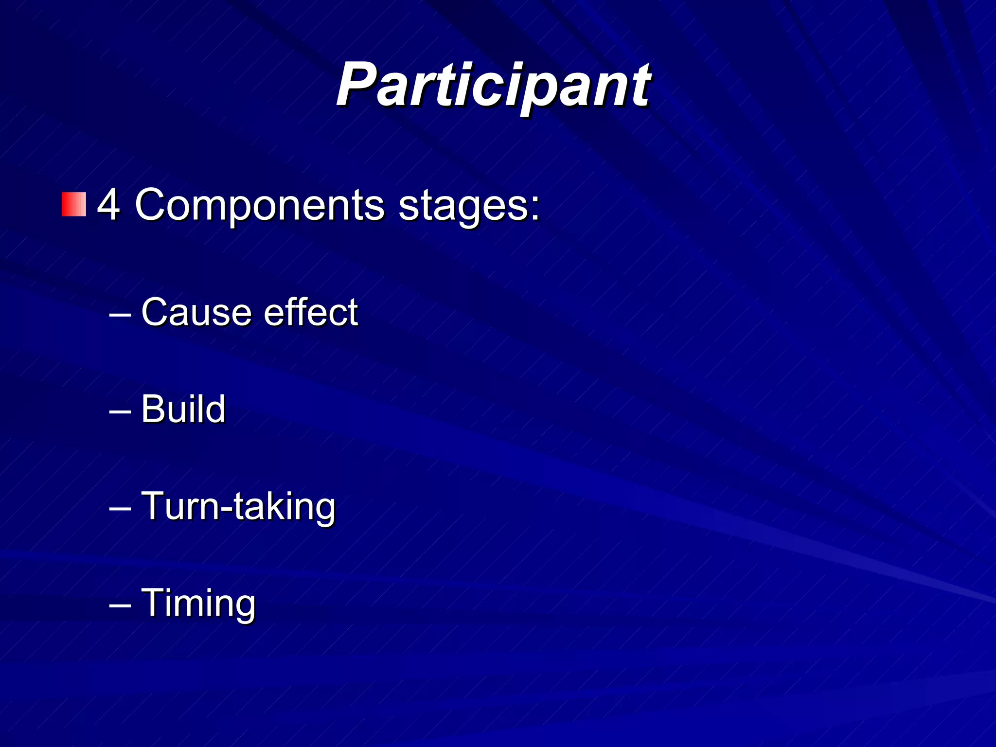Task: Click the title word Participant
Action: (x=493, y=86)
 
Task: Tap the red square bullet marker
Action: (x=74, y=204)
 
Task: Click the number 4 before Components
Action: (x=108, y=205)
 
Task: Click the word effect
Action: (x=311, y=312)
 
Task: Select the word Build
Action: (x=183, y=409)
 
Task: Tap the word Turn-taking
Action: (x=238, y=506)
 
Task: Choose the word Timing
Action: (x=198, y=603)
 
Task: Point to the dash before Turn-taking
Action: (x=120, y=509)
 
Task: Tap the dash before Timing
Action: (x=120, y=605)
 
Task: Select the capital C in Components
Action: (x=151, y=205)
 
